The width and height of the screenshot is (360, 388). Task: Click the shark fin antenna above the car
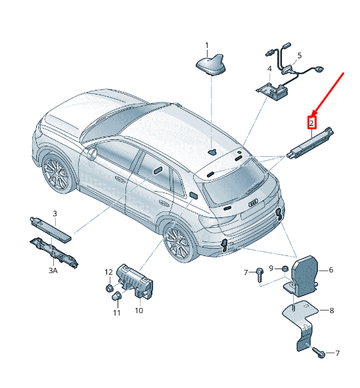pos(211,64)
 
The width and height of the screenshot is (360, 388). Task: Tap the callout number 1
pos(207,45)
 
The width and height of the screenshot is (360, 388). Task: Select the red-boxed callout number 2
pos(312,123)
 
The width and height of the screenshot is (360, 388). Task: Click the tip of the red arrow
pos(312,116)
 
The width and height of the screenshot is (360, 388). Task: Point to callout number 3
pos(55,213)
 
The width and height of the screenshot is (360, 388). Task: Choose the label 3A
pos(53,270)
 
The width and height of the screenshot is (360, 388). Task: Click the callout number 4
pos(269,68)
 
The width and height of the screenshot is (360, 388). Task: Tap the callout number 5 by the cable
pos(300,55)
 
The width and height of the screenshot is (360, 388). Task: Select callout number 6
pos(331,270)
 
